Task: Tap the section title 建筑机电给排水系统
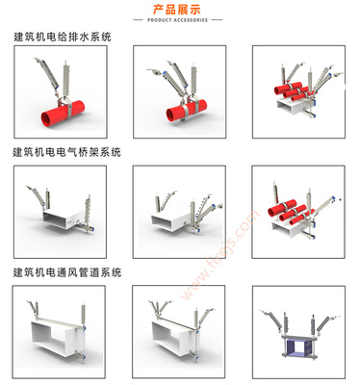[x=63, y=38]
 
